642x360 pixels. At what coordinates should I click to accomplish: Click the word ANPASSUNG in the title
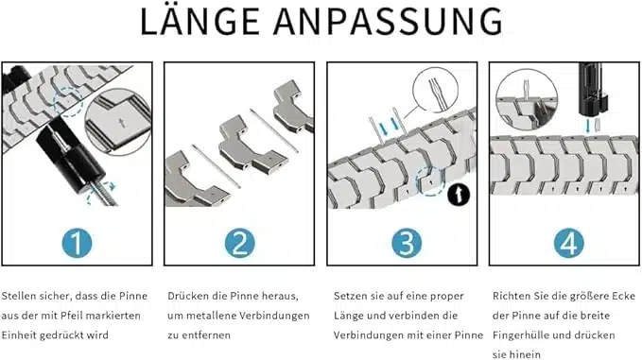pos(388,22)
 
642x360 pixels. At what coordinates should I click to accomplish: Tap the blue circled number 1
pos(77,243)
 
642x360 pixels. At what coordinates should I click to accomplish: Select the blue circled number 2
pos(239,243)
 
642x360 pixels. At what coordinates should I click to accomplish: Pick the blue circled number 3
pos(407,243)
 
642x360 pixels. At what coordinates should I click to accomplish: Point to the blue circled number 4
pos(568,243)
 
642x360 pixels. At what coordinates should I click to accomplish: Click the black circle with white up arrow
pos(459,195)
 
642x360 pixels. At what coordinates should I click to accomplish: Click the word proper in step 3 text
pos(447,296)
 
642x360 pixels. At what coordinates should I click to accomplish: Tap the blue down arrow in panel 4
pos(587,125)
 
